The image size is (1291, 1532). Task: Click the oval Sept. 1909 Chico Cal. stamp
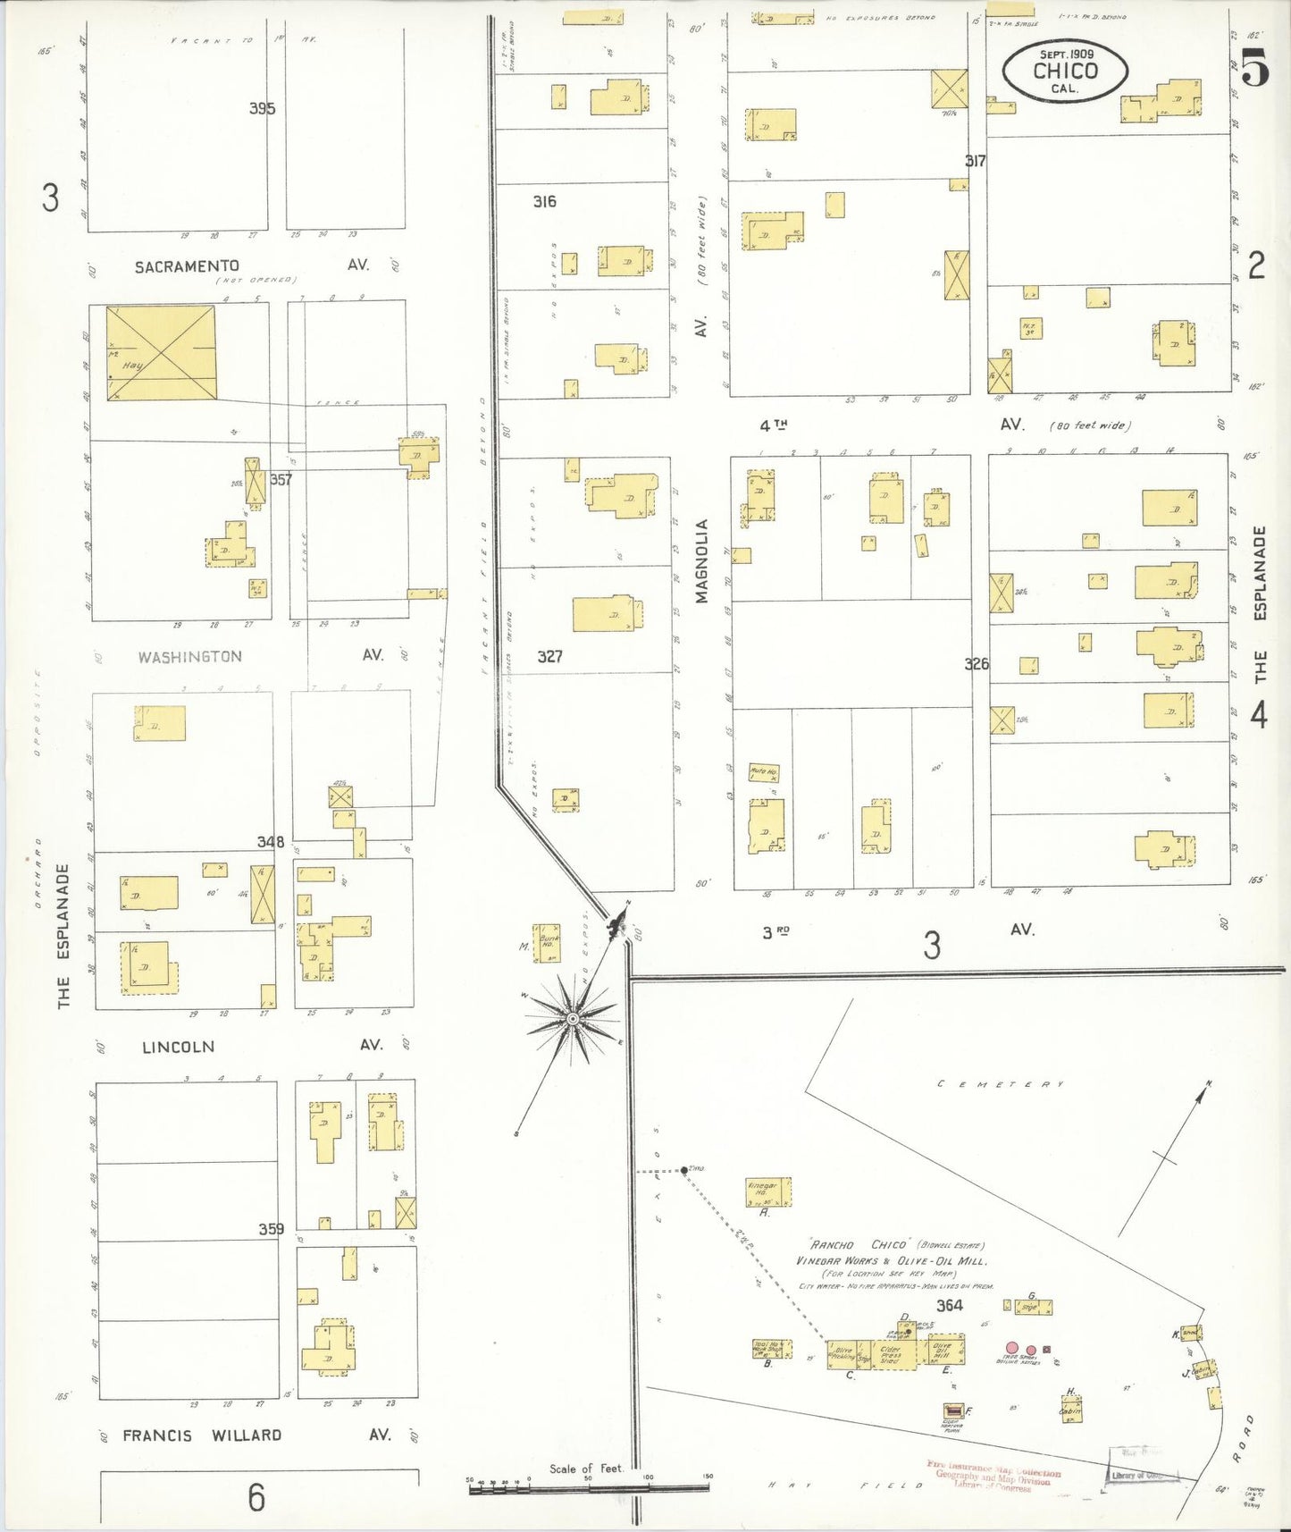coord(1064,70)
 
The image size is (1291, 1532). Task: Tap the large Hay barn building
coord(161,353)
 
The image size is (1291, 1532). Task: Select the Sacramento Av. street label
coord(187,266)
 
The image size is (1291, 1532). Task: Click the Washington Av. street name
coord(189,657)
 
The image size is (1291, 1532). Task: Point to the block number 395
coord(262,108)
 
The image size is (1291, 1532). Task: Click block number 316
coord(544,202)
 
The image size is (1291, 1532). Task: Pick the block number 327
coord(549,656)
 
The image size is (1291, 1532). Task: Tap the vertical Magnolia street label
coord(701,560)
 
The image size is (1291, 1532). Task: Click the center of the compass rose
coord(572,1019)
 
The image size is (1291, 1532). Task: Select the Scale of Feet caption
coord(585,1468)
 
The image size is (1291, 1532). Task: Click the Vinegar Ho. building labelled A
coord(768,1191)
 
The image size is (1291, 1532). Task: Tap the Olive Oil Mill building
coord(945,1350)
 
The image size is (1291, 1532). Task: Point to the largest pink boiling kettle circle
coord(1011,1348)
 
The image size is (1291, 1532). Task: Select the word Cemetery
coord(1001,1084)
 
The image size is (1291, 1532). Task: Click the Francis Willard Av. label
coord(202,1435)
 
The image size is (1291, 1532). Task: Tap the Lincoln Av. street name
coord(178,1047)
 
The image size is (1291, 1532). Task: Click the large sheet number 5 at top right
coord(1254,69)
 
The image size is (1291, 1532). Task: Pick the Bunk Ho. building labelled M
coord(548,943)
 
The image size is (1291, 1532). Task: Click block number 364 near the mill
coord(949,1305)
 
